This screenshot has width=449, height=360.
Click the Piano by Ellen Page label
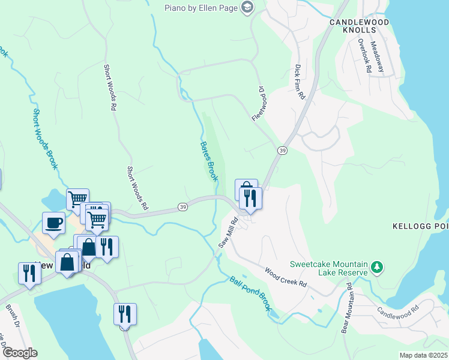pyautogui.click(x=201, y=7)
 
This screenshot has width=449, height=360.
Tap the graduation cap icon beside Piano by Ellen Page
pyautogui.click(x=247, y=7)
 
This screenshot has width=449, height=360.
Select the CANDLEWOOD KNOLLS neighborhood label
pyautogui.click(x=359, y=26)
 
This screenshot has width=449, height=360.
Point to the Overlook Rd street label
pyautogui.click(x=364, y=56)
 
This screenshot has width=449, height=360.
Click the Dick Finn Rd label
pyautogui.click(x=300, y=82)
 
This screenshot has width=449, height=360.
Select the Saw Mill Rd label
pyautogui.click(x=228, y=233)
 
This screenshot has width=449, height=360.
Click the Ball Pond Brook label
pyautogui.click(x=251, y=293)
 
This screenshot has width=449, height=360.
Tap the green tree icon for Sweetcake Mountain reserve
pyautogui.click(x=376, y=266)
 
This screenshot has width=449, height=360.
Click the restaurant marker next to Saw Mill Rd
pyautogui.click(x=250, y=198)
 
